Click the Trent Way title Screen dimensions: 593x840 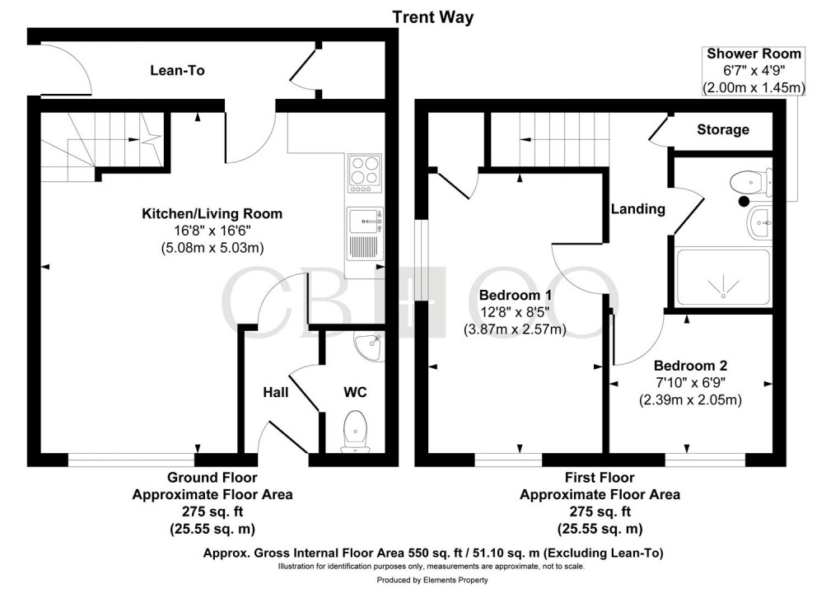click(432, 16)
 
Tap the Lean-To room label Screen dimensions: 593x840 click(177, 71)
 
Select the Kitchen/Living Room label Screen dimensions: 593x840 click(212, 213)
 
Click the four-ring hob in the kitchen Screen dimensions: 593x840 click(365, 172)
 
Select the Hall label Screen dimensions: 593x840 click(275, 393)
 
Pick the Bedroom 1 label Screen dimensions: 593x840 click(516, 294)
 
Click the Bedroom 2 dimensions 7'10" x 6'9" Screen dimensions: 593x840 click(690, 383)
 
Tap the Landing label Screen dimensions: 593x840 click(637, 209)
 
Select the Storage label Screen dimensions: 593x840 click(722, 129)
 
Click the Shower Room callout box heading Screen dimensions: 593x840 click(754, 54)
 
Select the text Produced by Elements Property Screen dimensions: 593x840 click(420, 581)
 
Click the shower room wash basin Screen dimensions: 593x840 click(759, 222)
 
